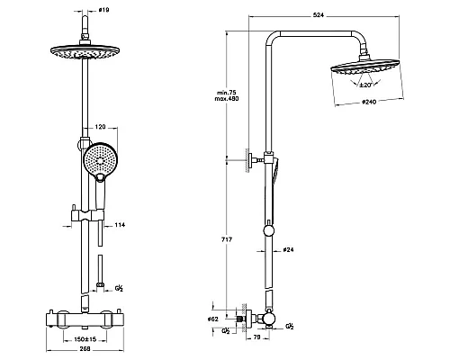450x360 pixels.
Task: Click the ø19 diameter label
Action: [104, 10]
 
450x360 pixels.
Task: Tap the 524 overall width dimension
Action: [319, 15]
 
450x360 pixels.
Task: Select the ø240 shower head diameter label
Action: [369, 102]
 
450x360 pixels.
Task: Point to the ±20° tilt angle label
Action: [365, 85]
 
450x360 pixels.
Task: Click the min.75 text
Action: [227, 93]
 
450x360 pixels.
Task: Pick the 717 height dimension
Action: [227, 239]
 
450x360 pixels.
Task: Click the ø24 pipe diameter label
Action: [288, 249]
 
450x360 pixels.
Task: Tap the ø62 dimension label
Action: [213, 319]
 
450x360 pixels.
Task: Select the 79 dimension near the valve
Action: [256, 337]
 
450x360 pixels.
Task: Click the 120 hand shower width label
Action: [100, 127]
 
